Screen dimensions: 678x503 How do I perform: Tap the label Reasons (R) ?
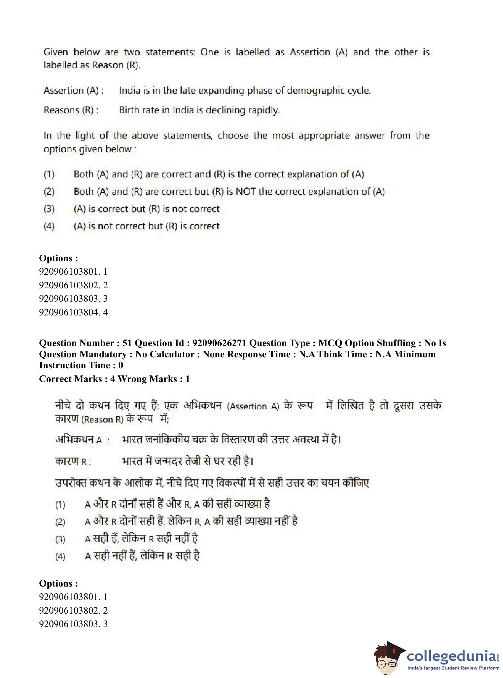coord(71,110)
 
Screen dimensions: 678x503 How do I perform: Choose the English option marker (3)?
coord(49,209)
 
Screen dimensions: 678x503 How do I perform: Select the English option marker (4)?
coord(49,226)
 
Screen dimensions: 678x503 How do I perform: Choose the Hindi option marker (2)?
coord(60,522)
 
